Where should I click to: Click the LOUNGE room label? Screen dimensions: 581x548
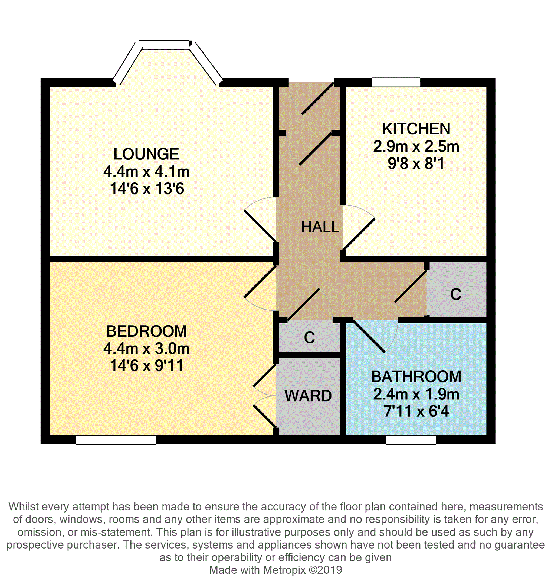point(146,154)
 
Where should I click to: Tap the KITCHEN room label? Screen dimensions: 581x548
point(416,129)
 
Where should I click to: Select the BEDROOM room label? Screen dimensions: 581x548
point(146,331)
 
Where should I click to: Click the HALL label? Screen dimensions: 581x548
point(320,227)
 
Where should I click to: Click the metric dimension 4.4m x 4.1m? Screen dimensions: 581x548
point(146,172)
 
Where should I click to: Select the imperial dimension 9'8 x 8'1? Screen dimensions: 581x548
point(416,163)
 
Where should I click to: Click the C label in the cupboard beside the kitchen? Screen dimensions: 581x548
point(455,294)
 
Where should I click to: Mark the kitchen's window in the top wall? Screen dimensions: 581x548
point(396,83)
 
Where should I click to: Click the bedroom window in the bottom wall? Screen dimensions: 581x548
point(116,440)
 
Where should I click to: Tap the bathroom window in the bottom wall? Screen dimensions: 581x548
point(411,440)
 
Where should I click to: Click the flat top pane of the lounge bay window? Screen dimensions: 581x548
point(164,45)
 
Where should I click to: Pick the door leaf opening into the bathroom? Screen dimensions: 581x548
point(369,336)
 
